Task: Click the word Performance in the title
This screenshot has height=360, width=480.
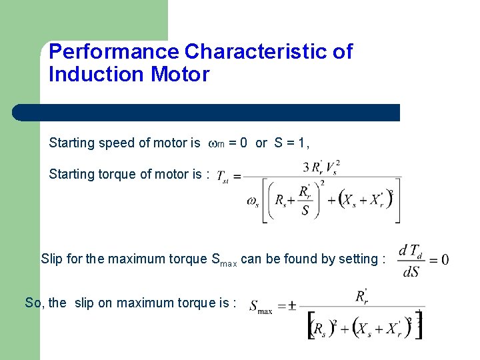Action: [x=114, y=52]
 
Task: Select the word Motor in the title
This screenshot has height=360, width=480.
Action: [x=180, y=74]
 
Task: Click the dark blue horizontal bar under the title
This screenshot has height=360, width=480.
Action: [x=207, y=113]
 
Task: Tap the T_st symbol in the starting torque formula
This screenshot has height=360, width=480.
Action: [x=224, y=177]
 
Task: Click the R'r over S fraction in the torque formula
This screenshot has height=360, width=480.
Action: [x=305, y=201]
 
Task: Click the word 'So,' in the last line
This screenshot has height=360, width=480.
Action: [x=35, y=303]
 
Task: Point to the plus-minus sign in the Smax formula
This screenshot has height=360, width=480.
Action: [x=282, y=307]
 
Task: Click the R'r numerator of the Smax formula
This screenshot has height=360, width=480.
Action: [x=361, y=295]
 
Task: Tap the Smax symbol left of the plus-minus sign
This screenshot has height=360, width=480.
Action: [x=260, y=307]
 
